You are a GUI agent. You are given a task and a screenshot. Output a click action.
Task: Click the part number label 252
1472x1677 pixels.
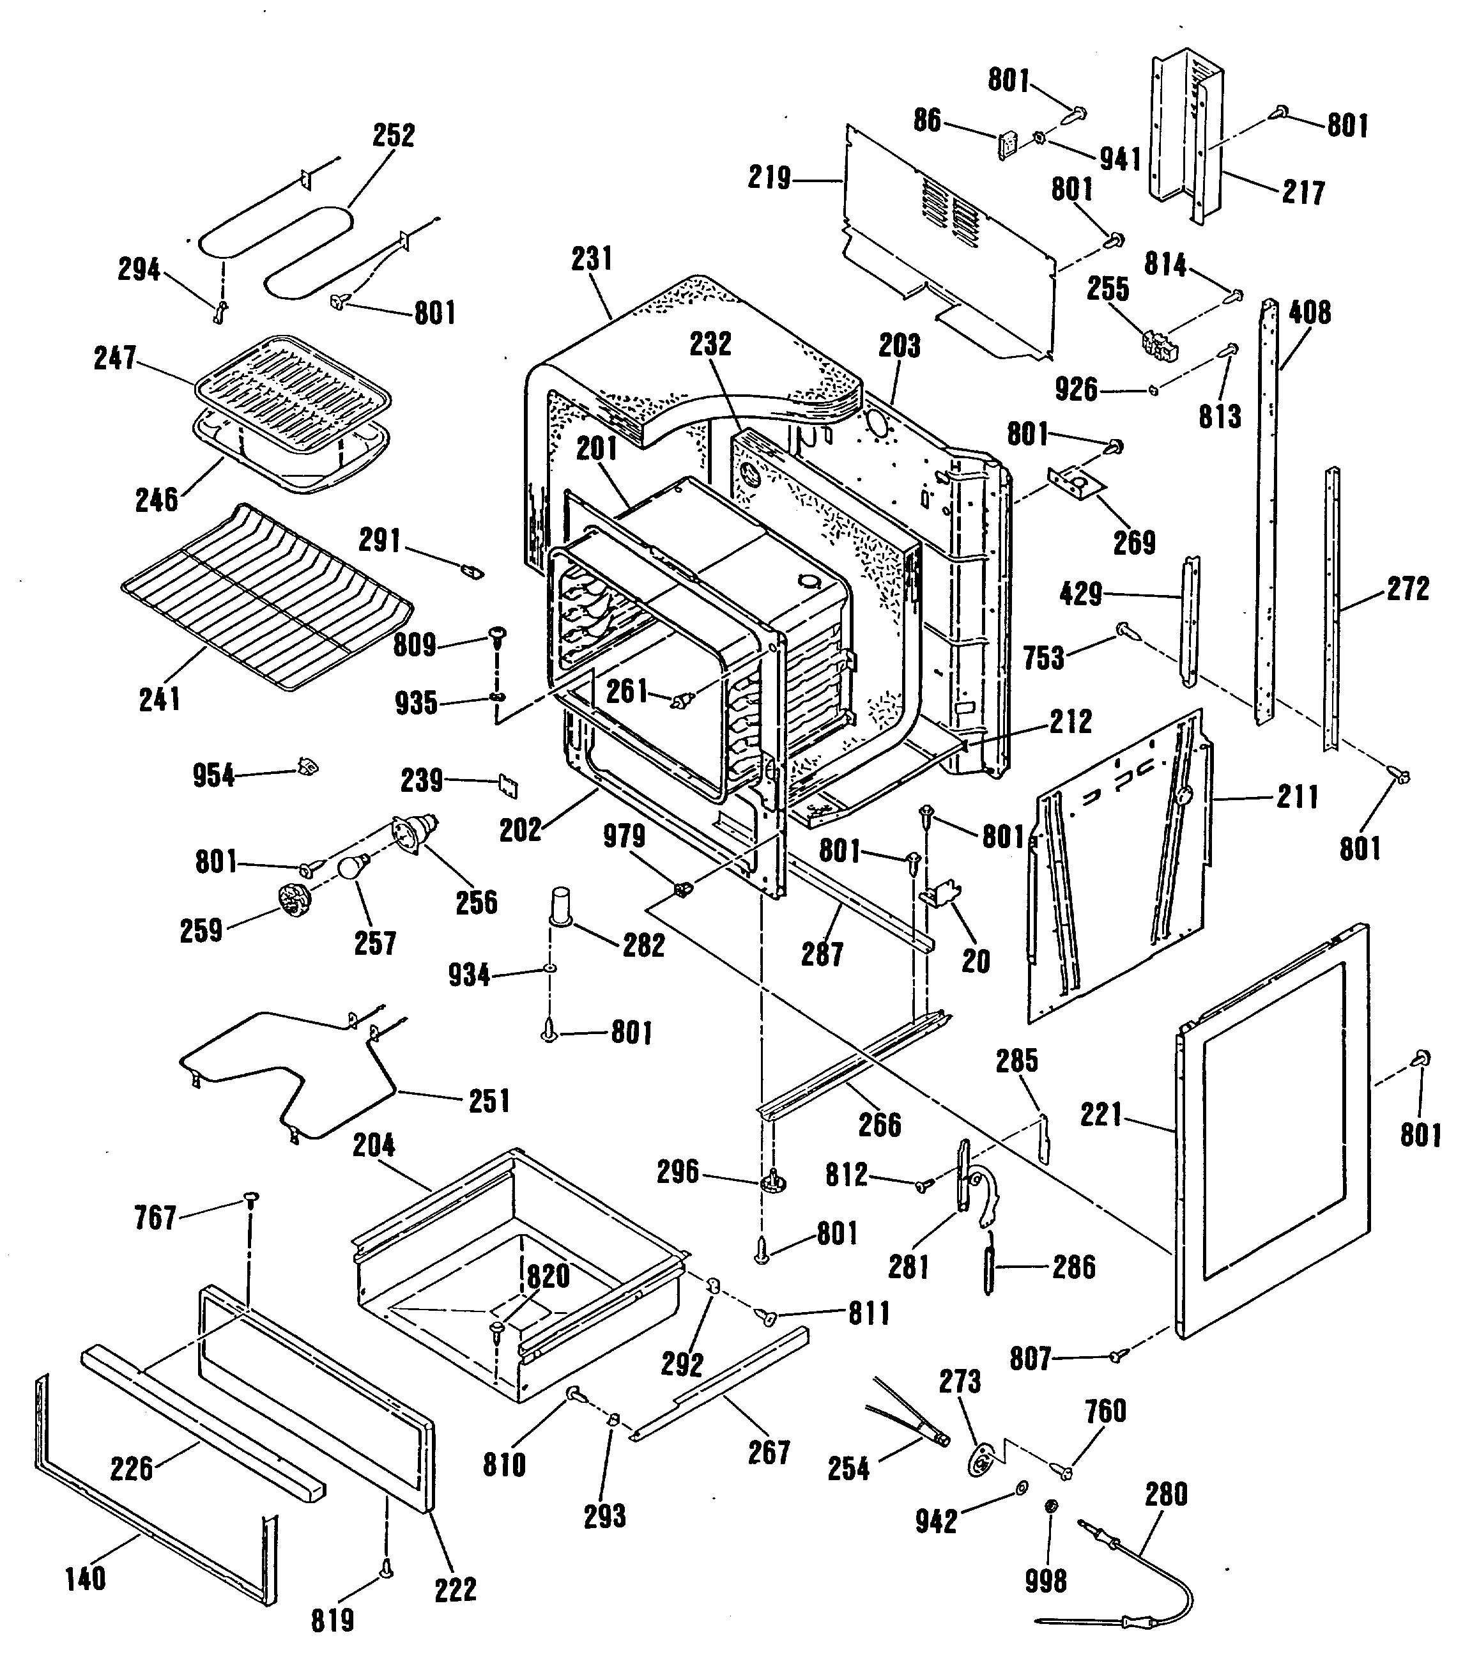394,135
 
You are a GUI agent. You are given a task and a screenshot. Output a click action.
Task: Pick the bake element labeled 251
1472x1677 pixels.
287,1075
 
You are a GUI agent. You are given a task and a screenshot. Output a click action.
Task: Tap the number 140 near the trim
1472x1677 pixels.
85,1578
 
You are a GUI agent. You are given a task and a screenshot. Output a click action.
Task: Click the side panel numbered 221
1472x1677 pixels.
1271,1132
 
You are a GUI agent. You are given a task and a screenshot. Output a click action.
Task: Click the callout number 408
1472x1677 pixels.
1310,313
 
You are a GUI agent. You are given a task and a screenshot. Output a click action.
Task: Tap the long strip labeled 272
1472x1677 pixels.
1333,607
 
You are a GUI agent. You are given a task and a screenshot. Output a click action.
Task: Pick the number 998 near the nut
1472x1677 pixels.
1046,1581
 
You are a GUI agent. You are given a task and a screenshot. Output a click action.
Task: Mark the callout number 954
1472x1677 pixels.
213,775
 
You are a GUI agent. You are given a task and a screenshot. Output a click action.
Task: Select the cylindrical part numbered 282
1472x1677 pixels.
562,907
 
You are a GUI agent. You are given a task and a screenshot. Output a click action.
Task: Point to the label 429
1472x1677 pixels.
1081,593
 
